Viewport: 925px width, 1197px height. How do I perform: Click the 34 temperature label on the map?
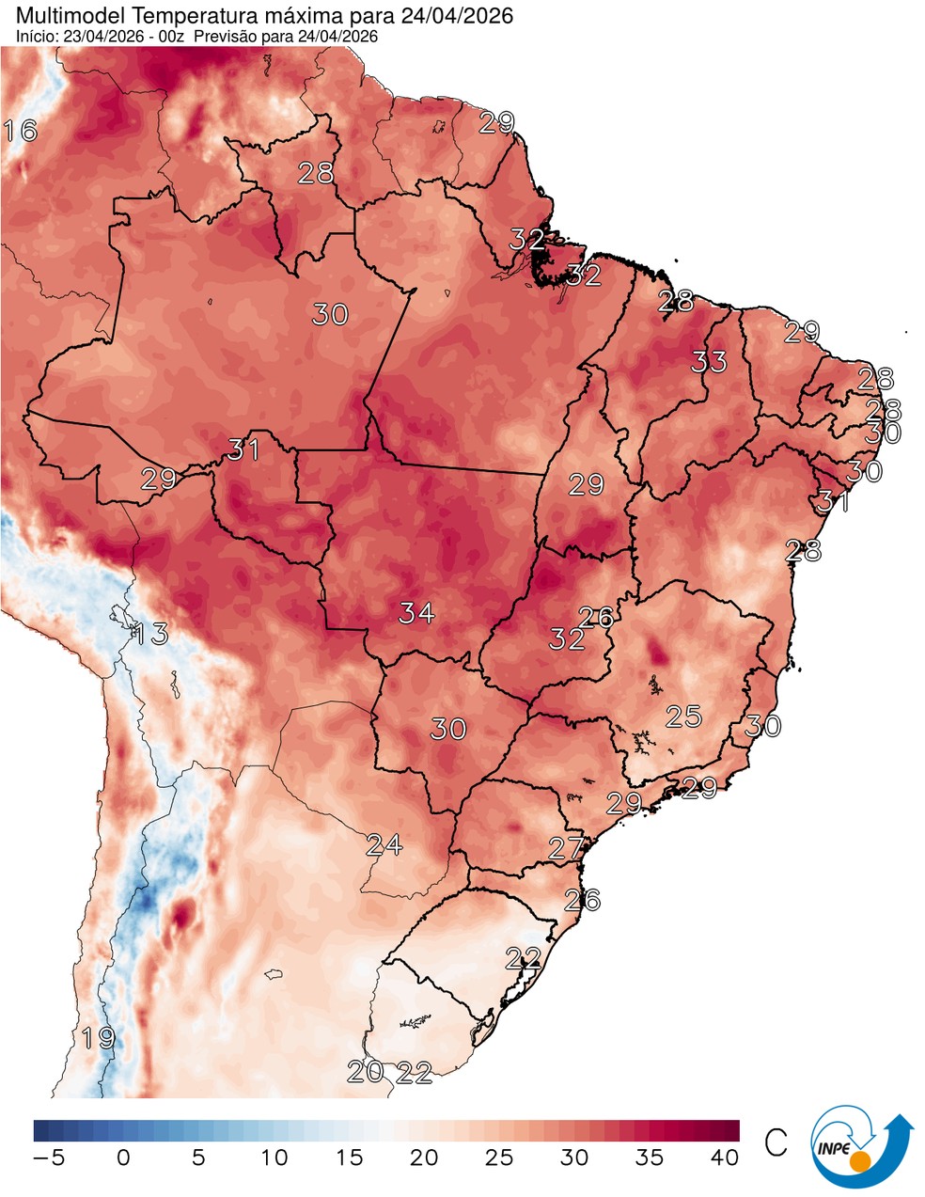tap(416, 613)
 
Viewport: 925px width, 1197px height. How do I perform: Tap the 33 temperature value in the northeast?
tap(710, 361)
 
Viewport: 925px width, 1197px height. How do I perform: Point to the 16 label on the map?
tap(21, 131)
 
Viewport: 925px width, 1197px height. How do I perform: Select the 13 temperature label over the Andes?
tap(150, 634)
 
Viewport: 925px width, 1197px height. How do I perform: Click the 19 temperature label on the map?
tap(98, 1039)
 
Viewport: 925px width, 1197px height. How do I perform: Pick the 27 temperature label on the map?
tap(567, 848)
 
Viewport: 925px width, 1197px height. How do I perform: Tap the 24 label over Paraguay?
tap(384, 844)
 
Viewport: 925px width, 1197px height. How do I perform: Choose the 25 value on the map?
tap(683, 717)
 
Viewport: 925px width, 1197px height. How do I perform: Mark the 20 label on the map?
tap(365, 1071)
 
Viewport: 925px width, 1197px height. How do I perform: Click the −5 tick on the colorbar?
tap(48, 1158)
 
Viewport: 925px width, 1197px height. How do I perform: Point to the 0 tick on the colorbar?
tap(123, 1158)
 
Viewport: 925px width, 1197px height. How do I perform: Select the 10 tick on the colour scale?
tap(274, 1158)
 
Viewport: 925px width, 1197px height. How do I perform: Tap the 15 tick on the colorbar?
tap(349, 1158)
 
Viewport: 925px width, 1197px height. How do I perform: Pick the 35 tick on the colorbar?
tap(650, 1158)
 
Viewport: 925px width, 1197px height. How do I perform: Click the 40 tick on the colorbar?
tap(725, 1158)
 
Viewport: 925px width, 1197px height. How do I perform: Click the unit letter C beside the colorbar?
tap(776, 1142)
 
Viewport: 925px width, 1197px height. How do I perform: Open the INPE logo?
tap(860, 1147)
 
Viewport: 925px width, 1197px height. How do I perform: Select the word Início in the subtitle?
tap(35, 36)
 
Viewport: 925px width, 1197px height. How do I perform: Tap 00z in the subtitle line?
tap(176, 36)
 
